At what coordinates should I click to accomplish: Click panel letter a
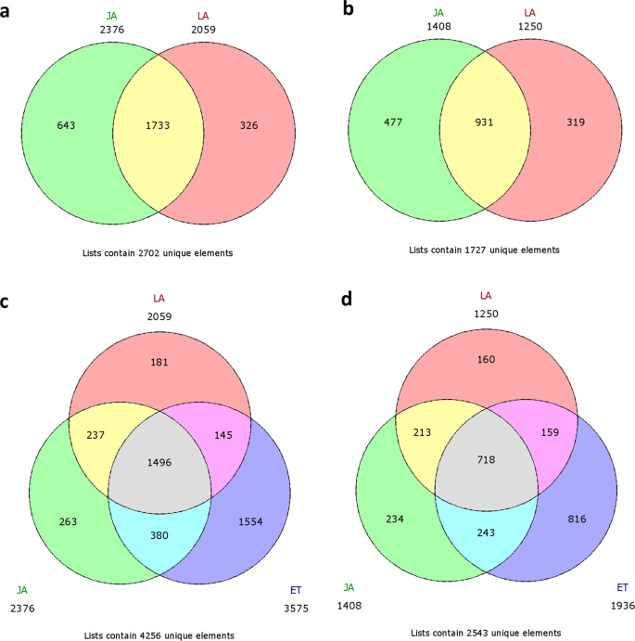7,8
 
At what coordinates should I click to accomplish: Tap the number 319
578,122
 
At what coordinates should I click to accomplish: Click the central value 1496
158,461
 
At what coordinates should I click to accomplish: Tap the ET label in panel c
295,589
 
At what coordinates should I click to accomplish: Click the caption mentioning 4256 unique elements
157,635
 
